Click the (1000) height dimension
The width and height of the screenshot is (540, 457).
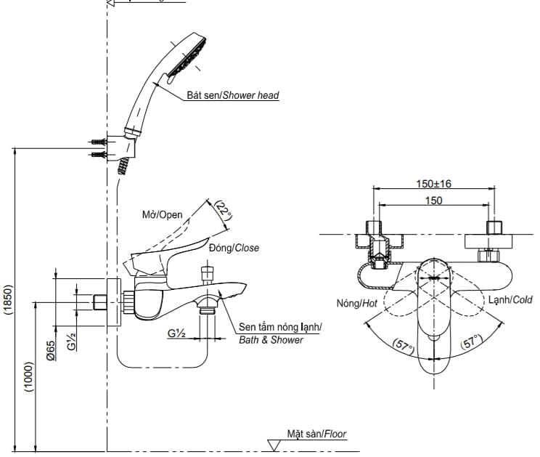point(28,376)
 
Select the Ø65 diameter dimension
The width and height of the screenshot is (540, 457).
point(51,352)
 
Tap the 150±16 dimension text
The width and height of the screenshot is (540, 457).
point(434,184)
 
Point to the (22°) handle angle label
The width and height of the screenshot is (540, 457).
point(224,211)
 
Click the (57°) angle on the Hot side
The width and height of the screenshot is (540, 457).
point(403,344)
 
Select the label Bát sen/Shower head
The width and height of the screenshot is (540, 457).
point(232,95)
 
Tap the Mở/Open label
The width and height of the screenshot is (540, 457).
point(162,214)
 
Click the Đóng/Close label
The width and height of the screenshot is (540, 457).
point(233,248)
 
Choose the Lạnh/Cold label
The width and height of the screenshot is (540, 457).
point(509,299)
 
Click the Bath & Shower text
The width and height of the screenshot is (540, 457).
point(271,339)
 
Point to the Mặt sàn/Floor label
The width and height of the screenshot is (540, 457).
point(316,434)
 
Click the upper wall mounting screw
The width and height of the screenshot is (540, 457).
point(97,141)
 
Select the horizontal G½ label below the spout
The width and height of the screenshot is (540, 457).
point(176,334)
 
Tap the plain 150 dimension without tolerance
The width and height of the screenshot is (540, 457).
point(434,201)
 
